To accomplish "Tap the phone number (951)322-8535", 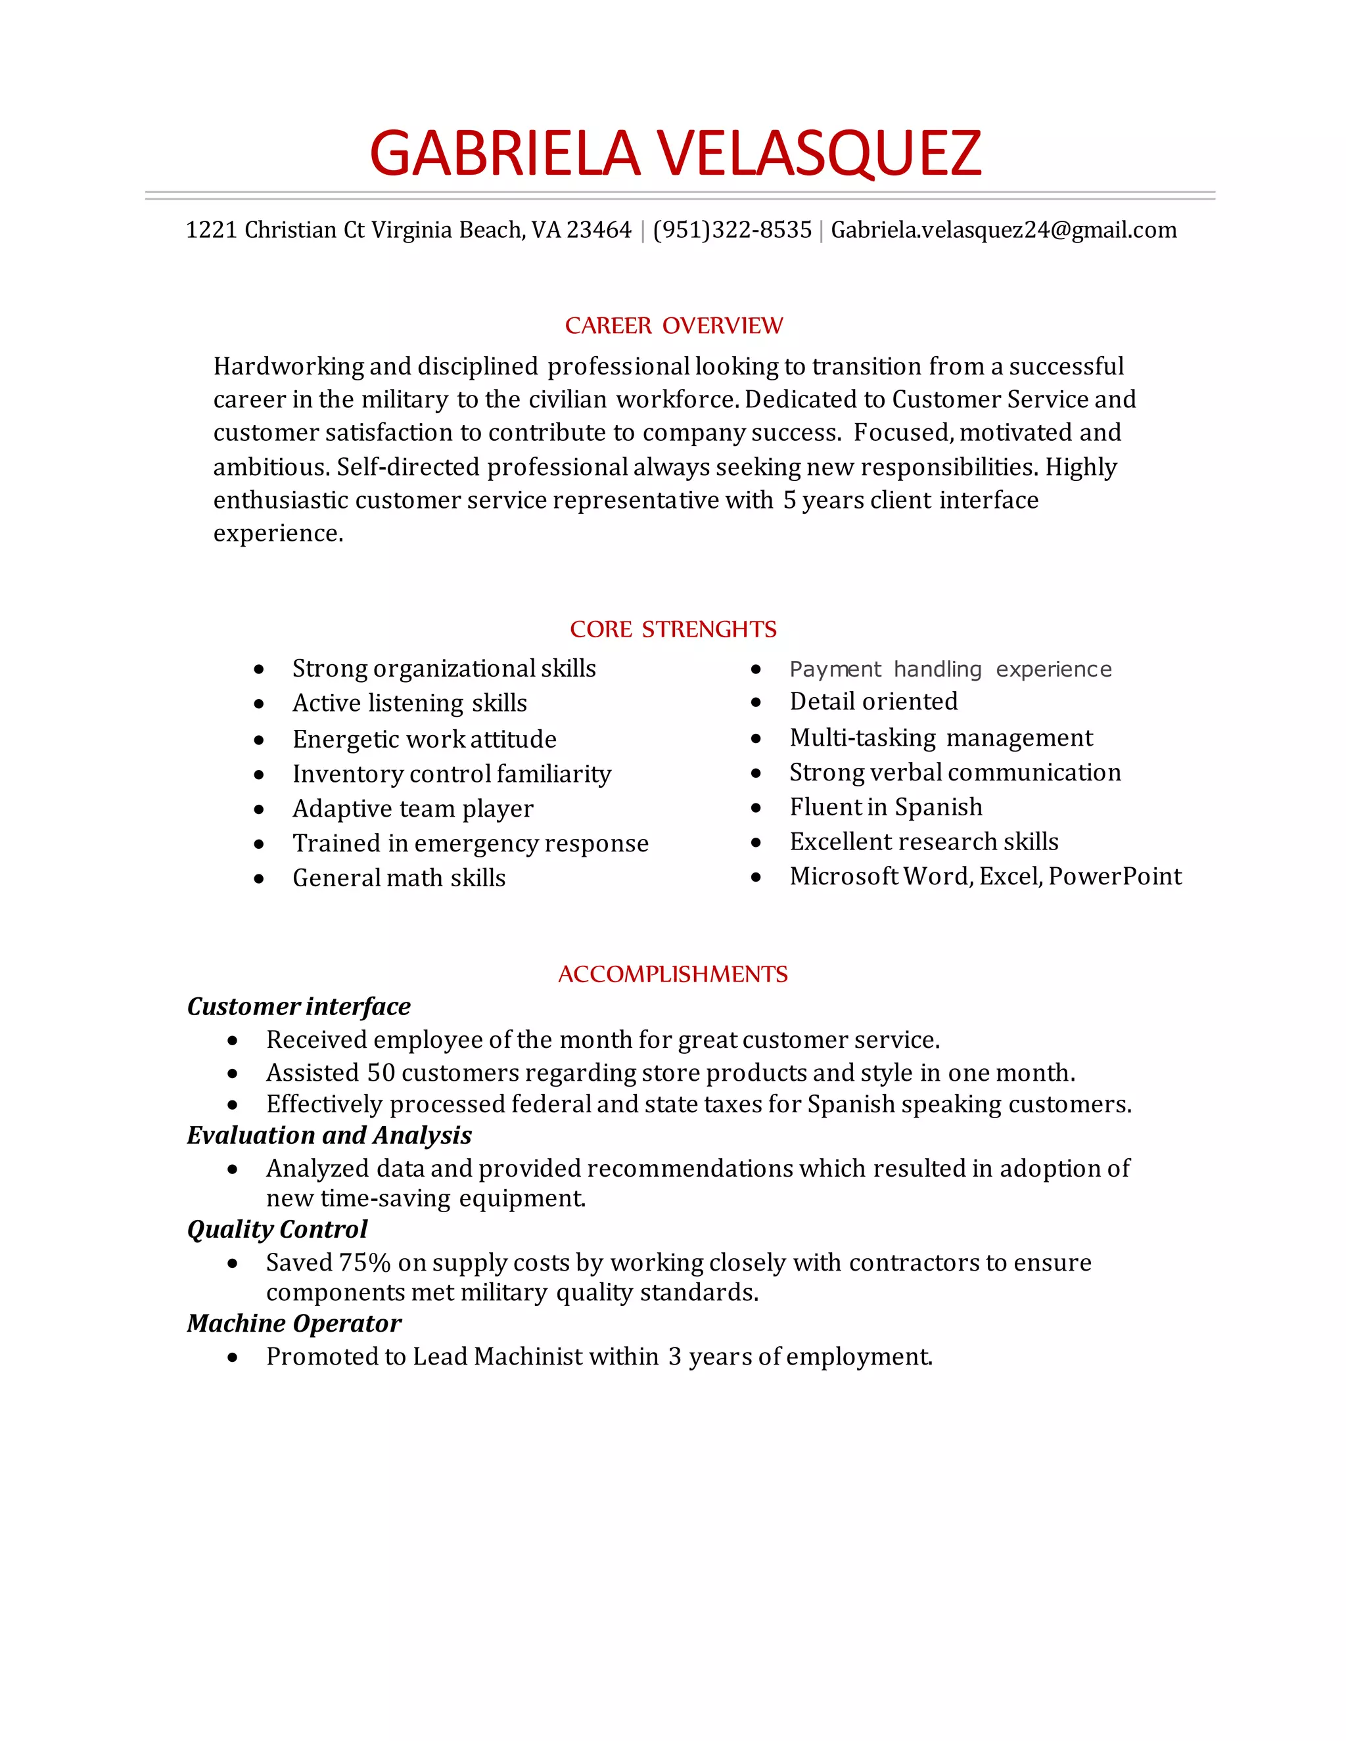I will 732,231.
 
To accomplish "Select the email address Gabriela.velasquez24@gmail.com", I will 1003,231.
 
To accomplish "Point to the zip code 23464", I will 598,231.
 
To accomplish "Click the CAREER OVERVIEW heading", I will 674,325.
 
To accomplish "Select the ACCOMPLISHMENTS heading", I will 672,974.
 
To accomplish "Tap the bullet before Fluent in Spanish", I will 756,807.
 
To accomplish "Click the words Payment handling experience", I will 950,669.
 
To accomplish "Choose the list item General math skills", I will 399,878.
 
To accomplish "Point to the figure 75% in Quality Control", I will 364,1262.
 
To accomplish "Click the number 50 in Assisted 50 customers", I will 381,1072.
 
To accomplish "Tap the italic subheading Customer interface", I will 298,1006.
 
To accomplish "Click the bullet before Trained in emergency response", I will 259,844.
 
